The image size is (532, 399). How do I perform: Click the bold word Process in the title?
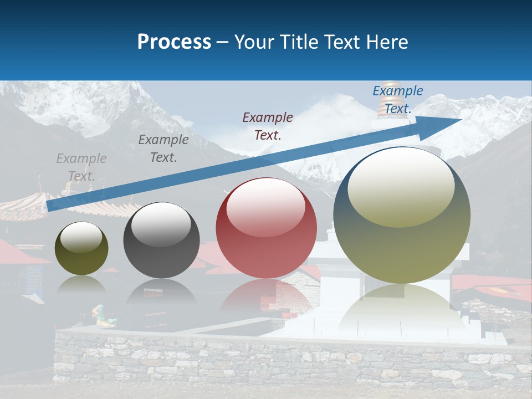174,42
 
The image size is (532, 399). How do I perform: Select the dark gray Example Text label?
163,149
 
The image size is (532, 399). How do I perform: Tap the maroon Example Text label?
268,126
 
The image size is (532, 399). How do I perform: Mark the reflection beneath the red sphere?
266,296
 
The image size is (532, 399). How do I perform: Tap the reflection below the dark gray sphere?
161,291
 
